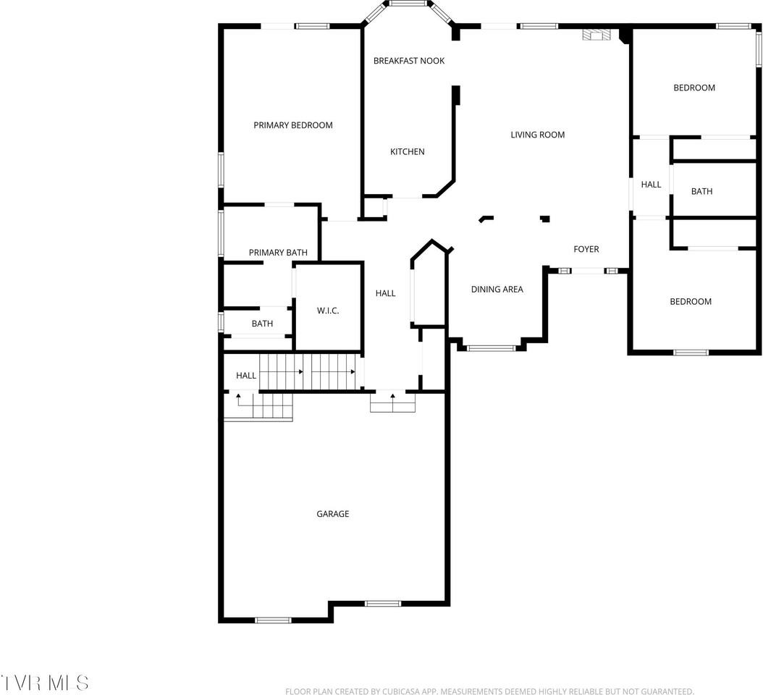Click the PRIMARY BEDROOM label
point(293,125)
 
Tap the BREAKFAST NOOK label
point(409,61)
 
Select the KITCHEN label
point(408,152)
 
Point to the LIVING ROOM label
point(537,135)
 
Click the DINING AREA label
point(497,290)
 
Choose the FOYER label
point(586,249)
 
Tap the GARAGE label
point(333,514)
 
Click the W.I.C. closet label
point(328,311)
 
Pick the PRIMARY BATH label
point(278,253)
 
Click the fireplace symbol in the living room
point(597,34)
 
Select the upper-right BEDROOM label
point(694,88)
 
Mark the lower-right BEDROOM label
point(691,302)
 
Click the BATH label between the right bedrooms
point(701,191)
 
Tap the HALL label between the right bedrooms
point(651,185)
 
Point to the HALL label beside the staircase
point(246,376)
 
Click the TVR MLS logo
point(45,682)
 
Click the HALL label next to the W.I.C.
point(386,293)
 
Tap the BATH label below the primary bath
point(262,324)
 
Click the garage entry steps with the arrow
point(393,402)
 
